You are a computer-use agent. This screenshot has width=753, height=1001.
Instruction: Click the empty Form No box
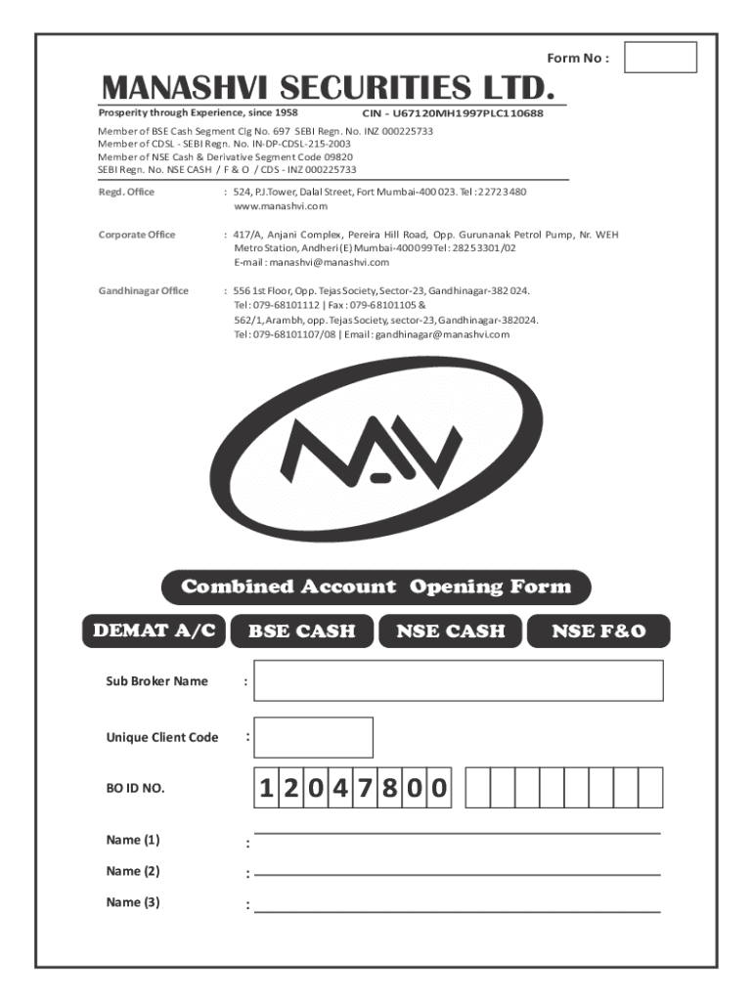[660, 57]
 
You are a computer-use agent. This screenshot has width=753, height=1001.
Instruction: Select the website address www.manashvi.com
[281, 206]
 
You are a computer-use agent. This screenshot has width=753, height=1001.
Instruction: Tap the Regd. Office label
[126, 192]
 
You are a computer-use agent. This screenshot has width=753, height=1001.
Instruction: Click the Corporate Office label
[137, 235]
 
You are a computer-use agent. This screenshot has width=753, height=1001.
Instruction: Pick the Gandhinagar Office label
[143, 291]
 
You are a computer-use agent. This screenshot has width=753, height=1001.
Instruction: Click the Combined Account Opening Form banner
[376, 588]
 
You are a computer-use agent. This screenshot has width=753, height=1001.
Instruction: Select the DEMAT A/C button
[154, 631]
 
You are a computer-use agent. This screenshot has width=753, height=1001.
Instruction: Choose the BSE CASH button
[301, 631]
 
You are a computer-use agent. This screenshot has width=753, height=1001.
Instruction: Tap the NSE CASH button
[451, 631]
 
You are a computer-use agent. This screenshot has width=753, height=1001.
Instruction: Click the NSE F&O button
[598, 631]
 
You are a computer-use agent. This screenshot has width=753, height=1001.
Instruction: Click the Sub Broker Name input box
[458, 680]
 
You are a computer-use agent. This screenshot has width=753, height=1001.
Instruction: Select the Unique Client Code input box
[313, 737]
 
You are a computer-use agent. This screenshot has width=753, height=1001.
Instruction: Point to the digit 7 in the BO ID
[364, 788]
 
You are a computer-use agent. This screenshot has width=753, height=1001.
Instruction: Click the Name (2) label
[133, 871]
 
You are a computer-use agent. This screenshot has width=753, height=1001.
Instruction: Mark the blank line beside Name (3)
[457, 910]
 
